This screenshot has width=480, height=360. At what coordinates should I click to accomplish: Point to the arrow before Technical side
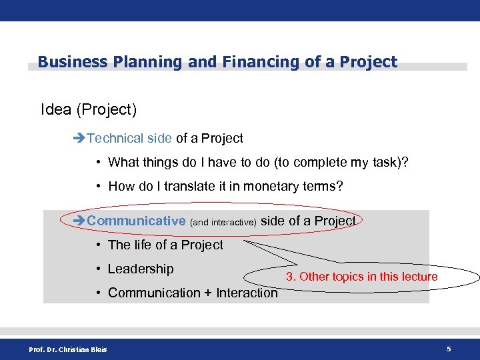click(x=79, y=139)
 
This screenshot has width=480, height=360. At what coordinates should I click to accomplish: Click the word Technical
click(x=115, y=139)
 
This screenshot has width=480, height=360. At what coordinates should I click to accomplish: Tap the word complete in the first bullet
click(x=317, y=162)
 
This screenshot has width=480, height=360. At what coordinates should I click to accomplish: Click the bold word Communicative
click(x=136, y=221)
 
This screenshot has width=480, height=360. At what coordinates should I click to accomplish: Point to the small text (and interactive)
click(x=223, y=222)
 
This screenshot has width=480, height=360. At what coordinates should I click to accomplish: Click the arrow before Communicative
click(x=79, y=221)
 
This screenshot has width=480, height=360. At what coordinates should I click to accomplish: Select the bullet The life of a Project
click(x=165, y=245)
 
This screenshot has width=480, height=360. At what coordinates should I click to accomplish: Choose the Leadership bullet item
click(x=141, y=269)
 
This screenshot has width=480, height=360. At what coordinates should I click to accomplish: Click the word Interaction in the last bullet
click(x=247, y=293)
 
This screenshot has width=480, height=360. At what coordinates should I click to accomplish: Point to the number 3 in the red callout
click(x=290, y=277)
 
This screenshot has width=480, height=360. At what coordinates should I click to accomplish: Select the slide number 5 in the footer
click(x=449, y=349)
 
